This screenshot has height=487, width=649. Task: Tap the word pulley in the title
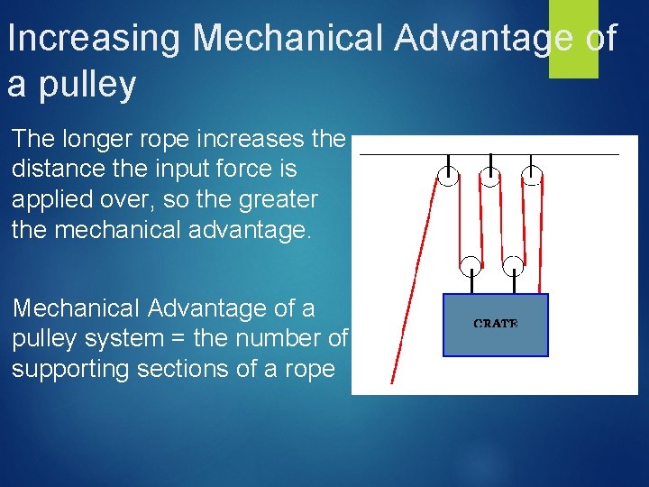point(87,84)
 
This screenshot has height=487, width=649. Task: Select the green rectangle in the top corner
point(573,39)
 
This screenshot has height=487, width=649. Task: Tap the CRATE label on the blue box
point(496,324)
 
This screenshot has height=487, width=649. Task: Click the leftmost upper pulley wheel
point(447,176)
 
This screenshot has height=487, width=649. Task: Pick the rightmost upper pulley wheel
point(533,176)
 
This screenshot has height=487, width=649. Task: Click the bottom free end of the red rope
point(392,381)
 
